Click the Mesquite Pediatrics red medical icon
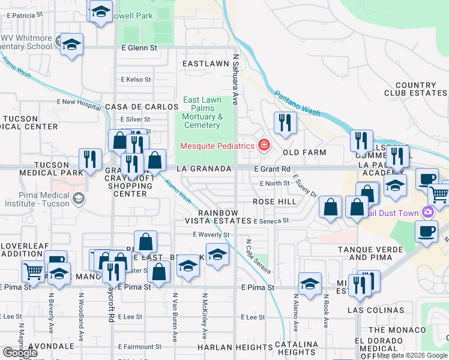(x=263, y=145)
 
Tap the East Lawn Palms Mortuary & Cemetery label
(x=202, y=112)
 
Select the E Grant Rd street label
(x=272, y=169)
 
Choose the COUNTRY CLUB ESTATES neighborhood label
(x=415, y=89)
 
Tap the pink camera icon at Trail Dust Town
(x=427, y=211)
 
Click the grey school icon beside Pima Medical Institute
(x=79, y=198)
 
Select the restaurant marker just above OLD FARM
(x=285, y=122)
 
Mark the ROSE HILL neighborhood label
(x=274, y=202)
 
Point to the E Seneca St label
(x=271, y=221)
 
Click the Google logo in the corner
(x=20, y=353)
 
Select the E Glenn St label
(x=139, y=47)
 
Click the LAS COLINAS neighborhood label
(x=376, y=310)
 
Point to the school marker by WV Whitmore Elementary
(x=71, y=44)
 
